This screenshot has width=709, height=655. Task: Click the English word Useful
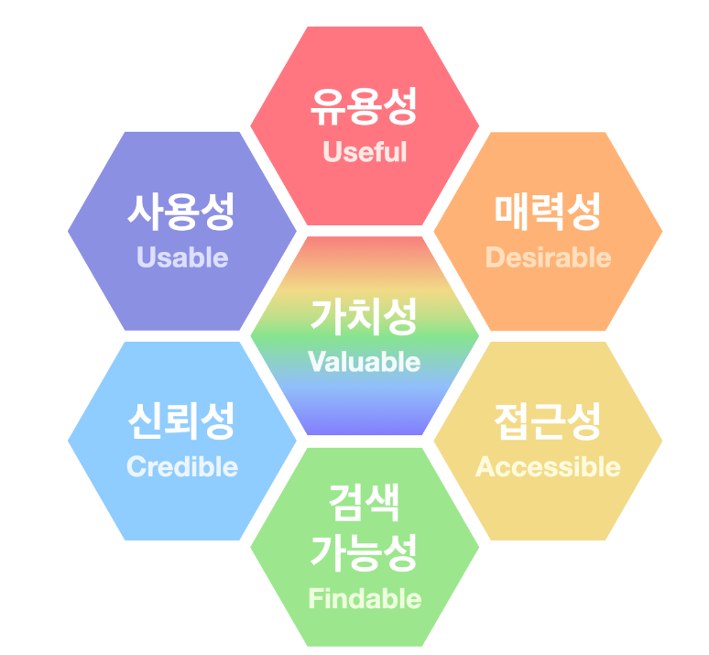pos(365,152)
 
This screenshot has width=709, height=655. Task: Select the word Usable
pos(182,257)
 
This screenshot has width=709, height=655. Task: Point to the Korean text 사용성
pos(182,213)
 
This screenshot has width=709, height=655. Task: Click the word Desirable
pos(548,257)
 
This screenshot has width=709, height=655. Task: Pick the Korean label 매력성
pos(548,213)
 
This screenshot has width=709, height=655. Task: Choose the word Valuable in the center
pos(365,362)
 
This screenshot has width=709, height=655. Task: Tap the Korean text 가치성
pos(365,317)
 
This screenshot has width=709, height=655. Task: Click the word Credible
pos(182,466)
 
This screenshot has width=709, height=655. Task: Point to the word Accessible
pos(548,466)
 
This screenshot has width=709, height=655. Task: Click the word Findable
pos(365,599)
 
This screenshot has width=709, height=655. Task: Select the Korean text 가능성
pos(365,552)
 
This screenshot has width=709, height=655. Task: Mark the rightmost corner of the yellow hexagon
pos(661,441)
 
